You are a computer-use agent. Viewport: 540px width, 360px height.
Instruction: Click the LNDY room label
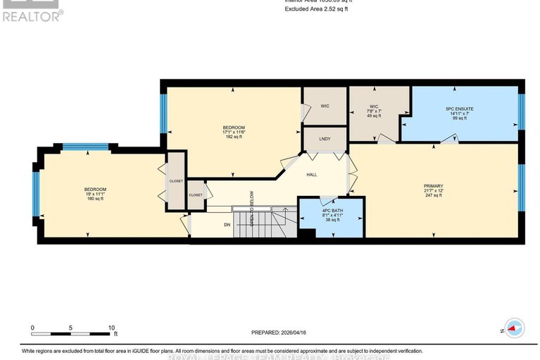point(325,139)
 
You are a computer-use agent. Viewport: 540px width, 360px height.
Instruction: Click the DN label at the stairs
point(227,225)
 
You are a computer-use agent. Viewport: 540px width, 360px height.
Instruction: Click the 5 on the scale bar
point(70,328)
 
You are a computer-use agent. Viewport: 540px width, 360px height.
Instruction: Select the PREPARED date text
point(280,333)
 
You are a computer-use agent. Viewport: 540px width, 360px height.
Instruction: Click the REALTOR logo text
point(32,14)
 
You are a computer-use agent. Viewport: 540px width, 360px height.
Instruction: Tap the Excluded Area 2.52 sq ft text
point(315,9)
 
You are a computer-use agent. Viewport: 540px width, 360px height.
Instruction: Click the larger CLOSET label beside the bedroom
point(176,181)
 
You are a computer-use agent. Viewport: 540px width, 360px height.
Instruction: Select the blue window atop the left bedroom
point(85,147)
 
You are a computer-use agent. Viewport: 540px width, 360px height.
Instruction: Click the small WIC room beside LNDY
point(325,106)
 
